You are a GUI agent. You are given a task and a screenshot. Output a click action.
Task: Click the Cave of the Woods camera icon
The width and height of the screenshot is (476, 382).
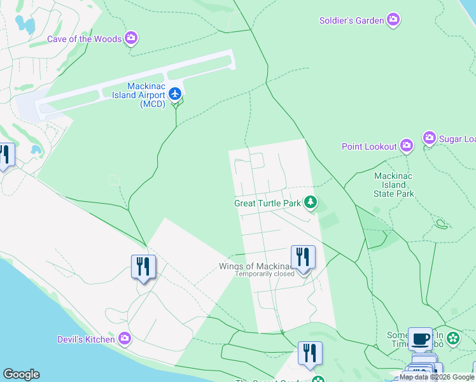(x=131, y=39)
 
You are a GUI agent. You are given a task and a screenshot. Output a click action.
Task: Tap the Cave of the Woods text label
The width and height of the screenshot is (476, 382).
(x=84, y=39)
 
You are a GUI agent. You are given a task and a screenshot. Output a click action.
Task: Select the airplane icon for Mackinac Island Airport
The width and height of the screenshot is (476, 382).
(x=176, y=95)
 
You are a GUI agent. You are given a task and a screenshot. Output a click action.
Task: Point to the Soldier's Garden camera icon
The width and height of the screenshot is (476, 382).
(x=393, y=20)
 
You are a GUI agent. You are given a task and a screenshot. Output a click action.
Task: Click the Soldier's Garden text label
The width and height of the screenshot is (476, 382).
(x=351, y=20)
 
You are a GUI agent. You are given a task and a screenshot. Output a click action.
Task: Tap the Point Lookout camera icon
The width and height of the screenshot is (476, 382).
(x=406, y=146)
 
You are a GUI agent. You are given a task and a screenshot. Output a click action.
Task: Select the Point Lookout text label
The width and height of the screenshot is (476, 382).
(x=369, y=146)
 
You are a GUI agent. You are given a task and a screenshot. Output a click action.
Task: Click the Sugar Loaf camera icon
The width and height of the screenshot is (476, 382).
(x=429, y=138)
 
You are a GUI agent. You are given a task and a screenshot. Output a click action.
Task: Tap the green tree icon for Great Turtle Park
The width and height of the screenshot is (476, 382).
(x=310, y=203)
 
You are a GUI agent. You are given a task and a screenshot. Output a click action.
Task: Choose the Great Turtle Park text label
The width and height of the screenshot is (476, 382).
(x=267, y=204)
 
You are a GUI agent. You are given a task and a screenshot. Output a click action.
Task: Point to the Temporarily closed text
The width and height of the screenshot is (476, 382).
(x=265, y=274)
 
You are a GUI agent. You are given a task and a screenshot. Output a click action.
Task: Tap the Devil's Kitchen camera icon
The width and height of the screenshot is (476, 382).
(x=124, y=339)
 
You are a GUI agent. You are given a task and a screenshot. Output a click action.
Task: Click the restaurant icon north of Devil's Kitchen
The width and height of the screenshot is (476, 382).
(x=143, y=266)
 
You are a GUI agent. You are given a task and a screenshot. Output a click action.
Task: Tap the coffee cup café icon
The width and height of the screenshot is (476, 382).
(x=419, y=338)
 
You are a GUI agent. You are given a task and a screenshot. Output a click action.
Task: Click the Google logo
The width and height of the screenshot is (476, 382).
(x=21, y=374)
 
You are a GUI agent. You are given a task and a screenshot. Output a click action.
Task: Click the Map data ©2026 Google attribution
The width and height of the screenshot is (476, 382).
(x=437, y=378)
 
